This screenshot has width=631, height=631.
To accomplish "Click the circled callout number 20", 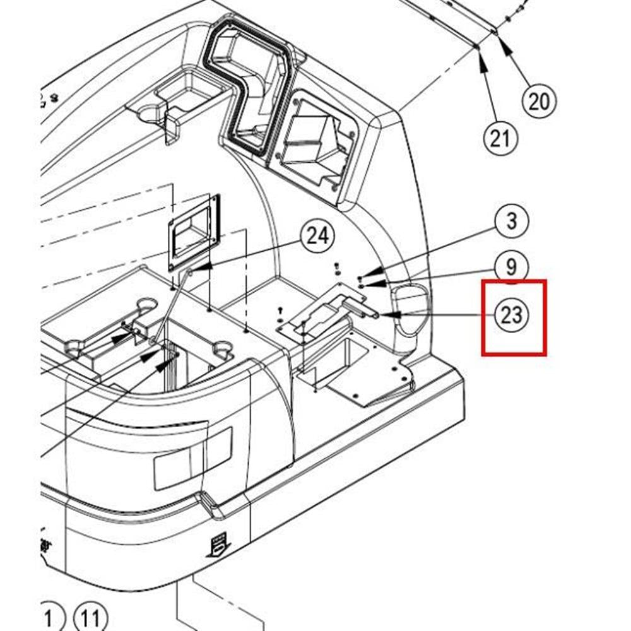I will click(539, 100).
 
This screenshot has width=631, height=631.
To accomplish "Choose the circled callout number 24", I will click(317, 237).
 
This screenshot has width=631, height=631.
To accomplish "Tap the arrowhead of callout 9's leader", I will click(364, 285).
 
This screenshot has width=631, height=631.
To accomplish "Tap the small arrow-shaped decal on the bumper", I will click(219, 543).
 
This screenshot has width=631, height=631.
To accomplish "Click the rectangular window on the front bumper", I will click(192, 458).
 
